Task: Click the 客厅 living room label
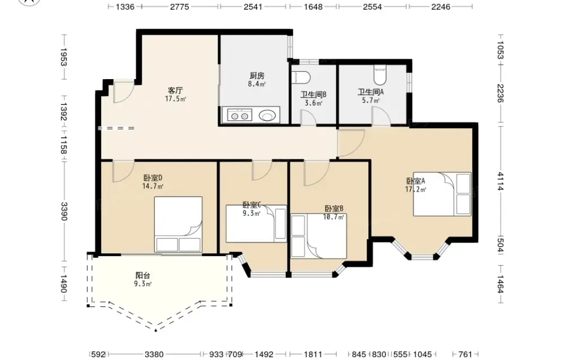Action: (175, 90)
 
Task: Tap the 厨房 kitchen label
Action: (257, 76)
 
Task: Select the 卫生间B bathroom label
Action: (314, 95)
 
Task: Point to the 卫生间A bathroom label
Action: (371, 92)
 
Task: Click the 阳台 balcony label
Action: (143, 276)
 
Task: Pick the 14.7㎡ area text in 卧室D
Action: (153, 186)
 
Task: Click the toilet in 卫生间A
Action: (380, 74)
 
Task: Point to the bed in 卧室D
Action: (179, 224)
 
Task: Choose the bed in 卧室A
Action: (442, 194)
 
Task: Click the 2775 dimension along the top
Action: (180, 6)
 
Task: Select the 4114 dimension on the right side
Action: (500, 181)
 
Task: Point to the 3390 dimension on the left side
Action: (64, 211)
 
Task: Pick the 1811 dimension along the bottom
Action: (313, 354)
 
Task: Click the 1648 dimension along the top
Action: (313, 6)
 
